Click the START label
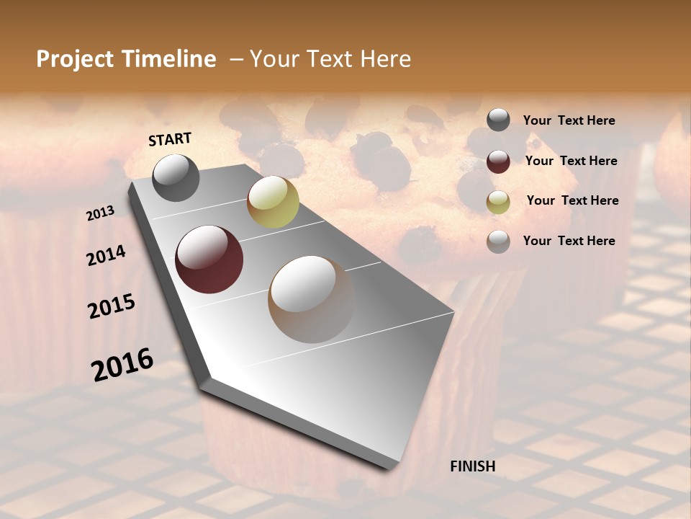click(170, 139)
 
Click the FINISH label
click(472, 466)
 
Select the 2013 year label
click(100, 213)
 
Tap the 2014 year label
click(106, 256)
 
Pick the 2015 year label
click(111, 306)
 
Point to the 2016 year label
click(122, 365)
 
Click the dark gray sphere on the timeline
click(176, 178)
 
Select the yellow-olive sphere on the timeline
click(273, 202)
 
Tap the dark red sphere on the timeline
click(209, 259)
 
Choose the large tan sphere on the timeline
click(311, 299)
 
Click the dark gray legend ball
click(498, 120)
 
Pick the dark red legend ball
click(498, 161)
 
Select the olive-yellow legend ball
click(498, 202)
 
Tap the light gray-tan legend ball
click(498, 241)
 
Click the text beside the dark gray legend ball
click(569, 121)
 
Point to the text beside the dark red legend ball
click(571, 161)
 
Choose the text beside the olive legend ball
click(572, 201)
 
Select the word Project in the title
click(73, 59)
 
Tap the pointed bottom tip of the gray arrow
click(389, 468)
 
